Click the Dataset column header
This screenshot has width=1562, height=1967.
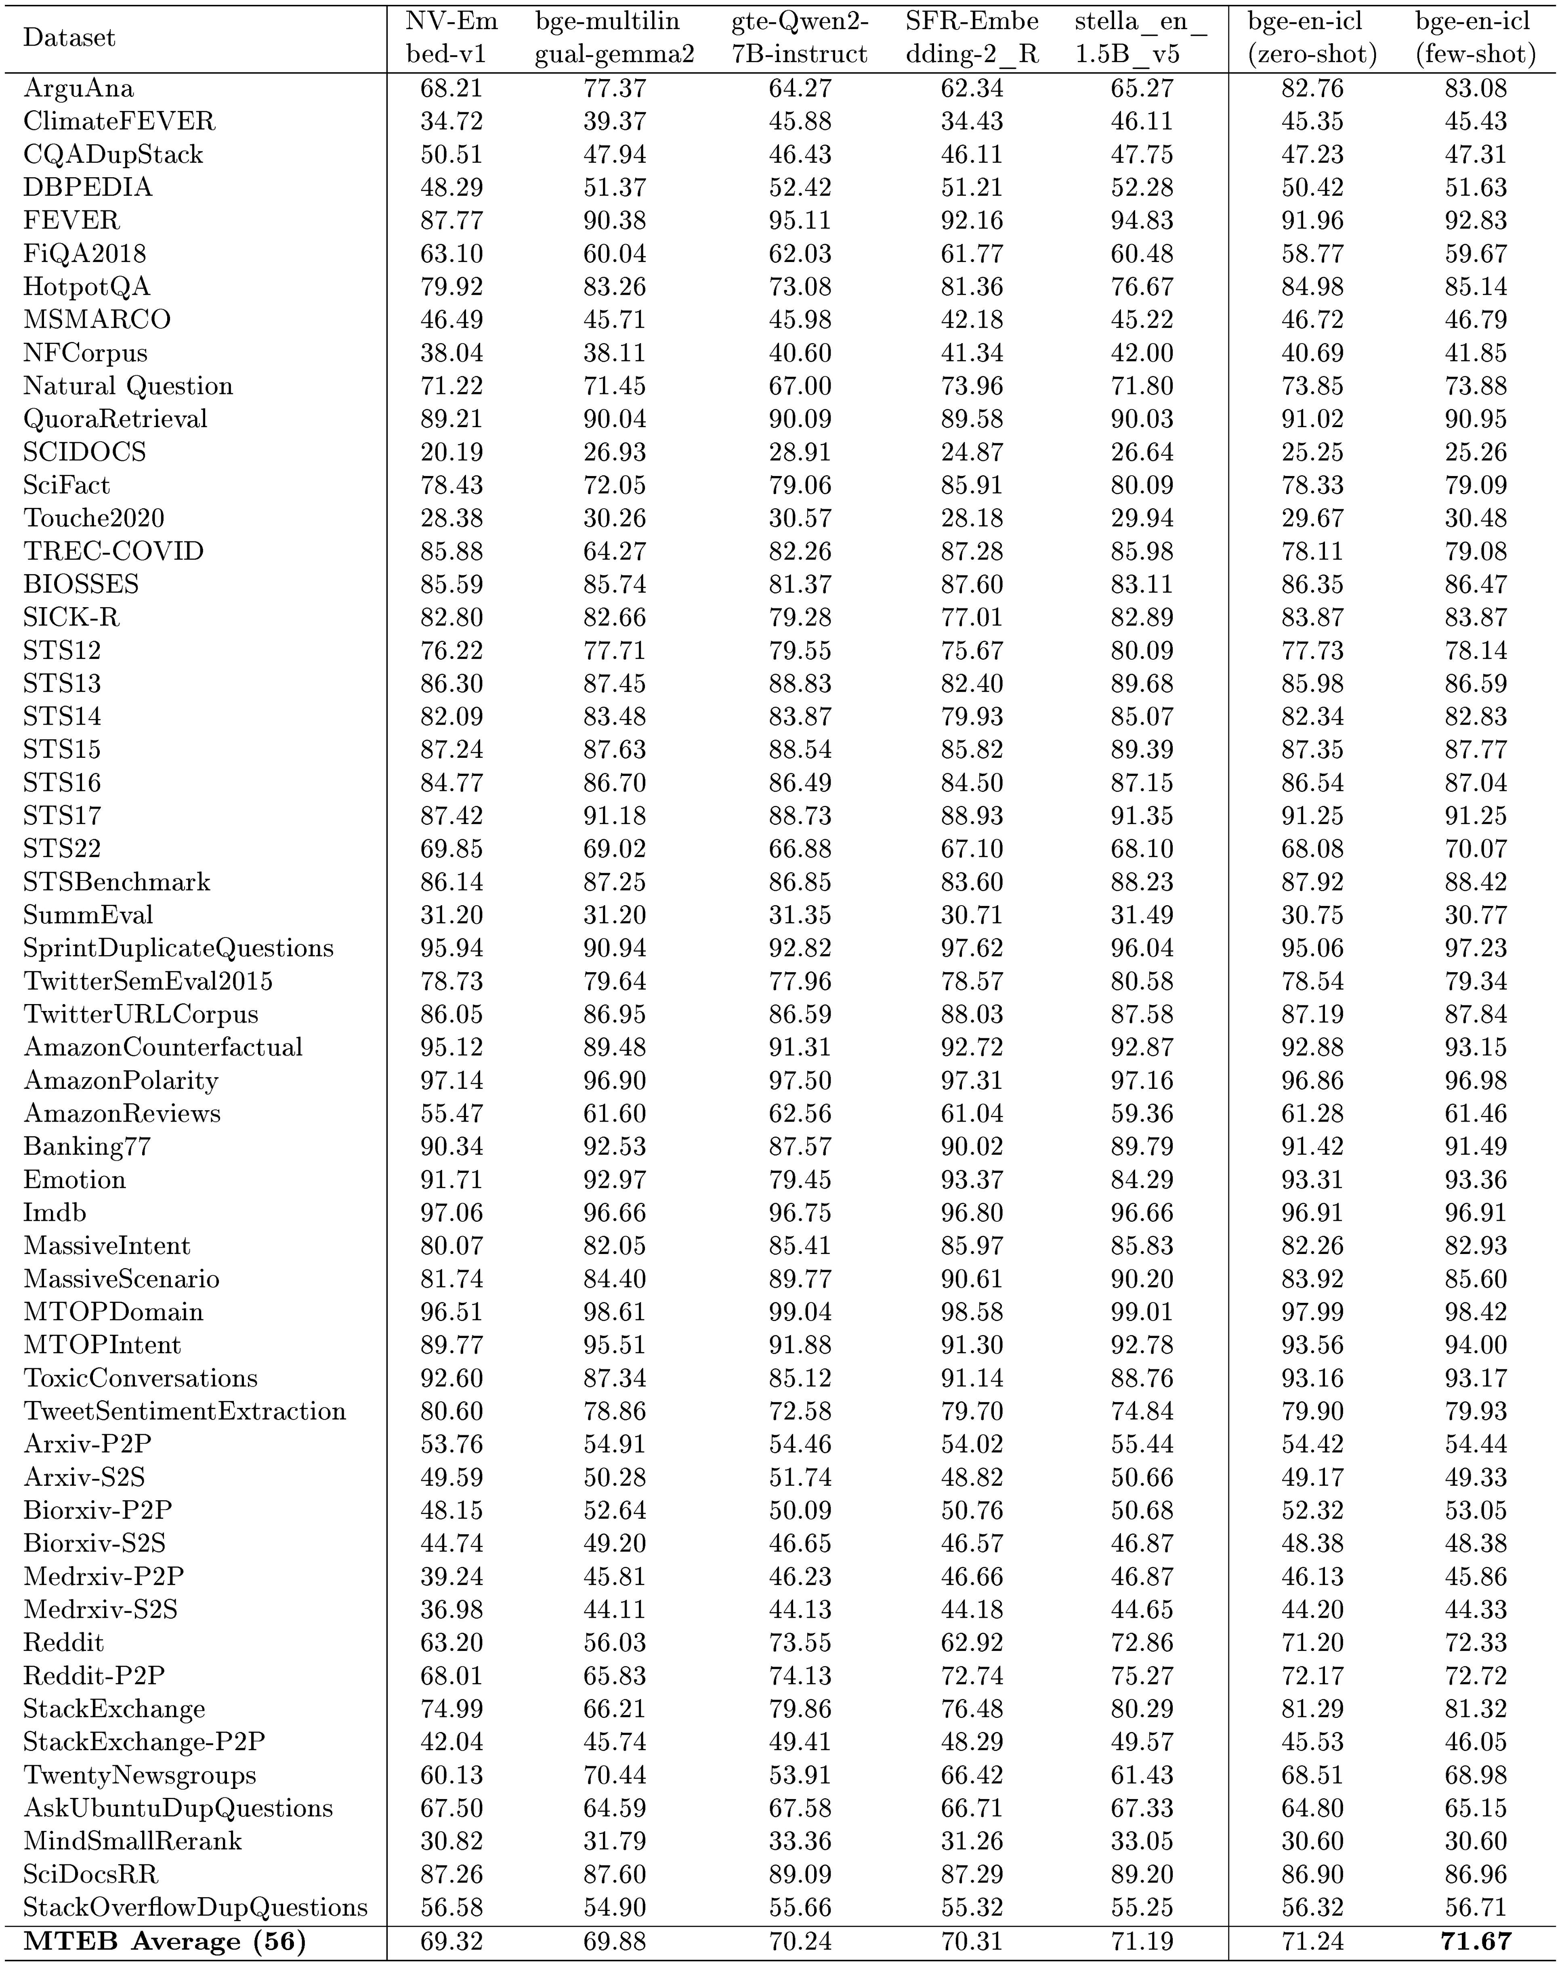[x=69, y=38]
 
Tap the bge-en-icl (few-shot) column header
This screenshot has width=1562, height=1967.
[x=1475, y=38]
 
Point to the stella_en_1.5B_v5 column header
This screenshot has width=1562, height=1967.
[x=1141, y=38]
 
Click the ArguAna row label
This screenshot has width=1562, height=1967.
[x=78, y=88]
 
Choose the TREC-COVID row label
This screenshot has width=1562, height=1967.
[x=113, y=551]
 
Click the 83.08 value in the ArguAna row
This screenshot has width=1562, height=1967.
[x=1475, y=88]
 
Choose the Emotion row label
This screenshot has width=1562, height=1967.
[x=75, y=1180]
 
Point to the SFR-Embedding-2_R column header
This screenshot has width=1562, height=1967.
[x=972, y=38]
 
